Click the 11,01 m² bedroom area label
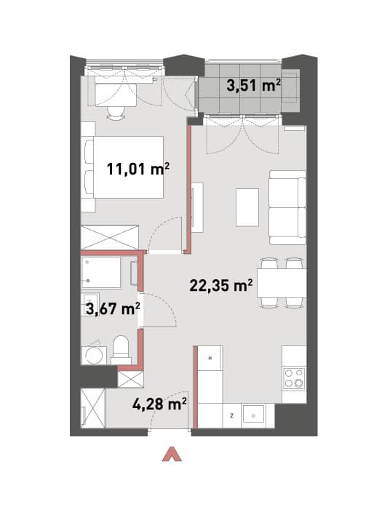[138, 169]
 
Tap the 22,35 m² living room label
[221, 285]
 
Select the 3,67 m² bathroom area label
[113, 308]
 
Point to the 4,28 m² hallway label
[159, 404]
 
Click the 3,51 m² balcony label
[254, 86]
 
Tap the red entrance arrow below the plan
[172, 455]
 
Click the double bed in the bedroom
[124, 167]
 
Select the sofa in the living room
[287, 207]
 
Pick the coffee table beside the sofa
[247, 207]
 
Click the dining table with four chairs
[282, 283]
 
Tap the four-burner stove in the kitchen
[294, 377]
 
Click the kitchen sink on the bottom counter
[253, 415]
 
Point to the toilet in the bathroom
[121, 351]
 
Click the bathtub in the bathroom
[101, 272]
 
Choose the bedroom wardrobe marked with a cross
[110, 237]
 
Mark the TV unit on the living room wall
[197, 207]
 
